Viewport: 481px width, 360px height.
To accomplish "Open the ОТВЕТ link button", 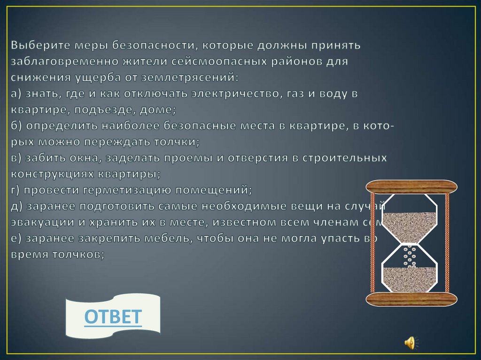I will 113,316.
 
